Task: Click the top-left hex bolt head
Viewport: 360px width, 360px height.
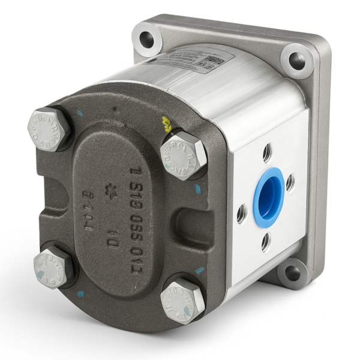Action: click(49, 128)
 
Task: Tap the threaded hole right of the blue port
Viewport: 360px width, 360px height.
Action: click(290, 182)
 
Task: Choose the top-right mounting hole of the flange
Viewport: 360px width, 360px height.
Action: click(296, 61)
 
